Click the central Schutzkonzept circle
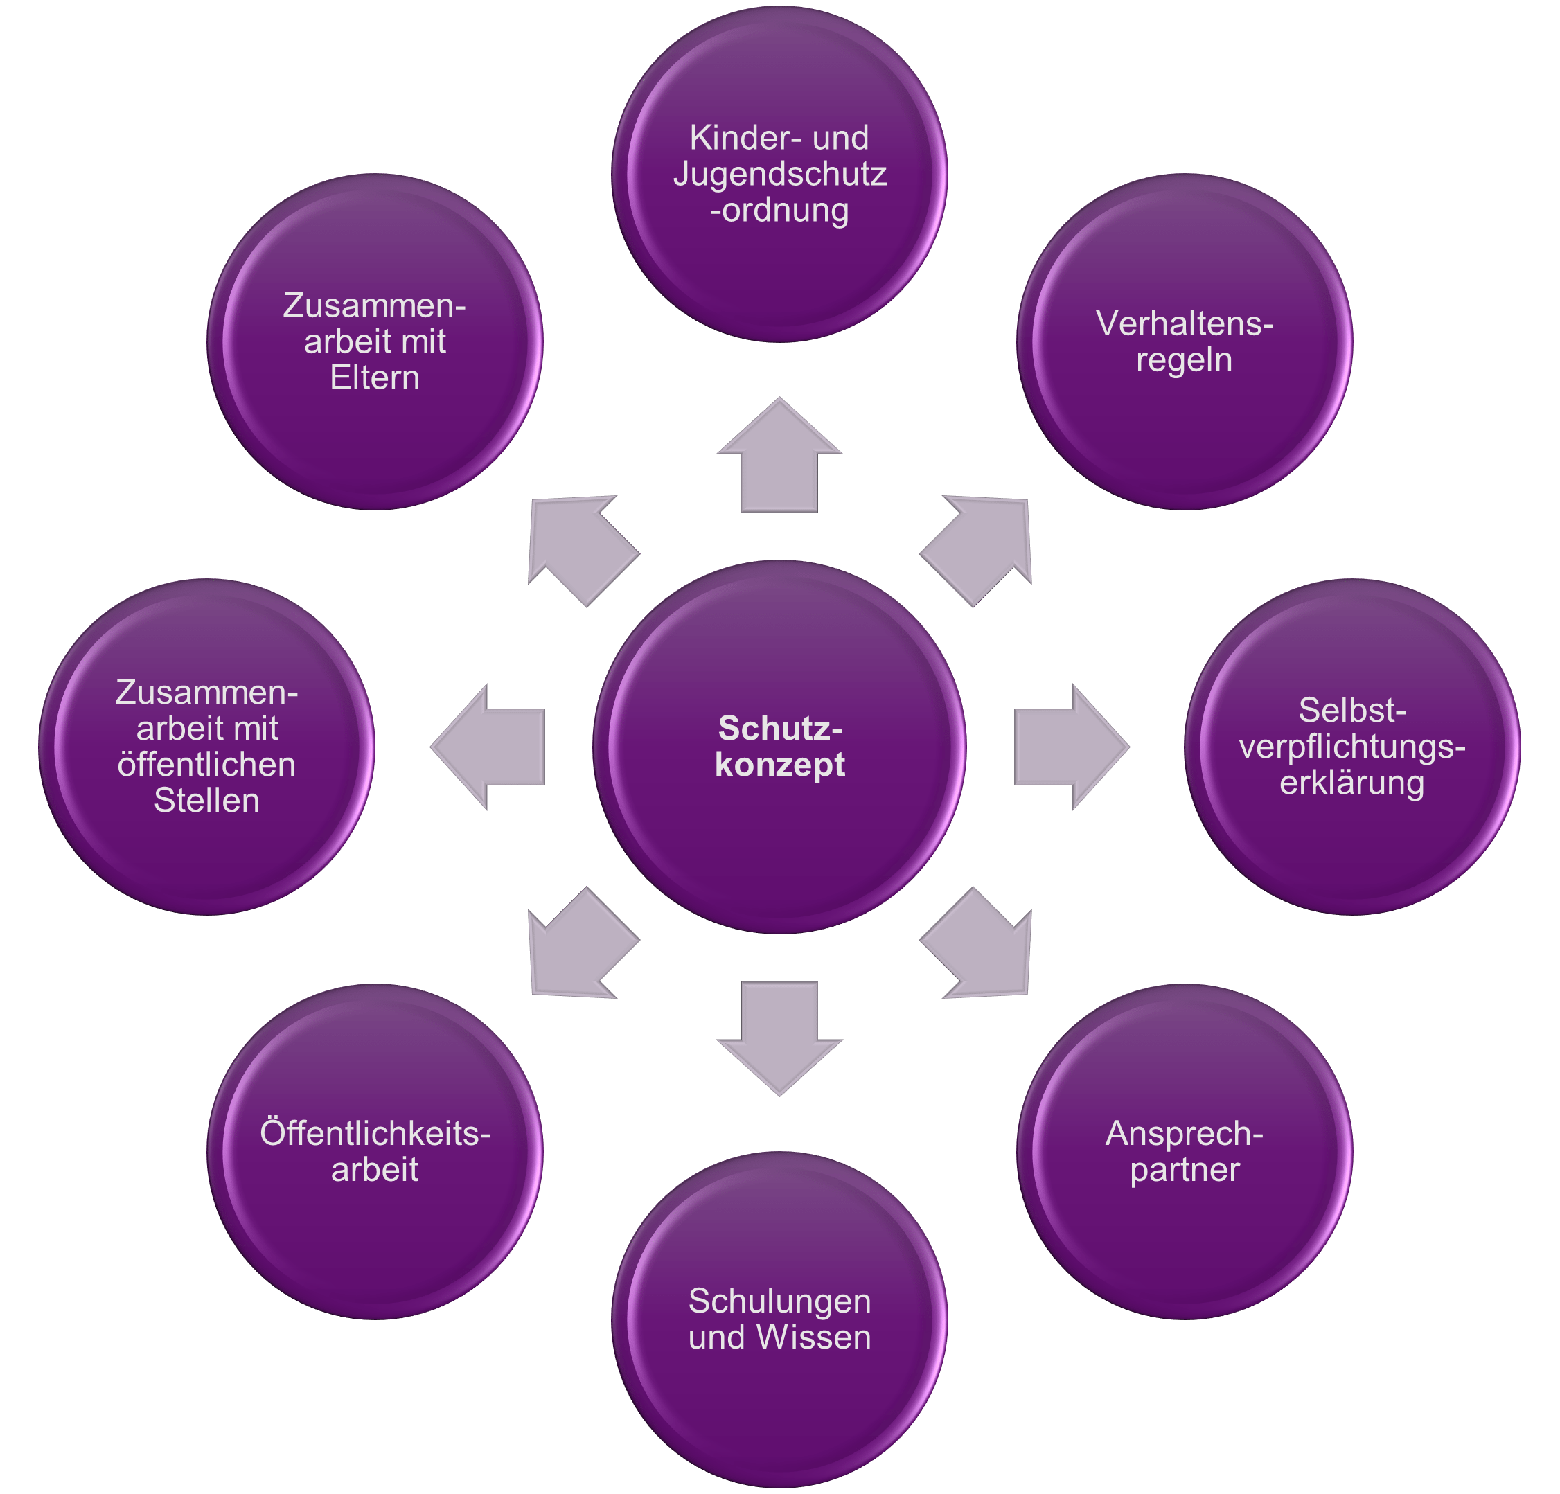[779, 747]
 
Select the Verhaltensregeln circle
[1185, 342]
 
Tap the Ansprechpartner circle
[1185, 1151]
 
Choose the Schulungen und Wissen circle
[779, 1319]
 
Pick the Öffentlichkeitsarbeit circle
[375, 1151]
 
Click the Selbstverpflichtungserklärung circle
[1351, 747]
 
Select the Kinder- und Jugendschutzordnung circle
[779, 175]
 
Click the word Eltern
[375, 378]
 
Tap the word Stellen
[207, 801]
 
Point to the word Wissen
[813, 1337]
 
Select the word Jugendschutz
[779, 175]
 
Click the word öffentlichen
[207, 765]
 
